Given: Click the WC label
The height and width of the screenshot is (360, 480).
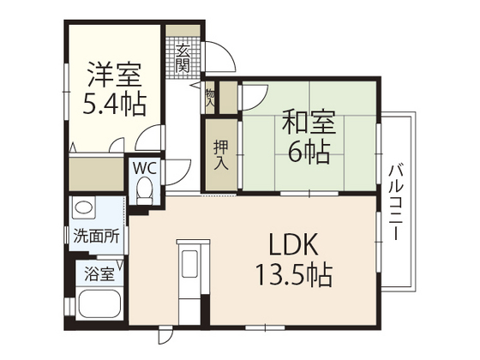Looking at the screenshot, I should tap(144, 168).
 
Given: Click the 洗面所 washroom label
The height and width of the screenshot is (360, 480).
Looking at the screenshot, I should tap(95, 237).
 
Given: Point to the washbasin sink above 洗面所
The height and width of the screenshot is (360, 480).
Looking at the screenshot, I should tap(84, 207).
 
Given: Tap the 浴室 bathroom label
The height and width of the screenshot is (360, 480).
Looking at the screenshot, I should tap(99, 274).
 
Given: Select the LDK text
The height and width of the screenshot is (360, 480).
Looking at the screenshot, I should tap(295, 246).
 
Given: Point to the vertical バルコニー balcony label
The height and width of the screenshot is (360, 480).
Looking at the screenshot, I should tap(396, 201).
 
